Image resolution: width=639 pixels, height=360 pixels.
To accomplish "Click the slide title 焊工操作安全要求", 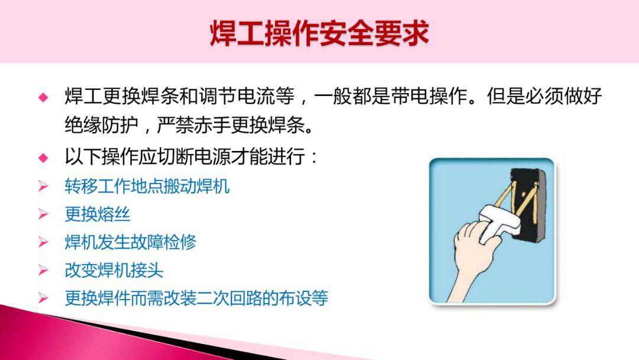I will [319, 33].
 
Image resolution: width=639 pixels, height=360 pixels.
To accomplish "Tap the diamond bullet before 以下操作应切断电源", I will [43, 158].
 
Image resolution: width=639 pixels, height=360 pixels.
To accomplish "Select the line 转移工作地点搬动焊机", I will [147, 187].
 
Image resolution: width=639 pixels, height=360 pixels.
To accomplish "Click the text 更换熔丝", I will [97, 214].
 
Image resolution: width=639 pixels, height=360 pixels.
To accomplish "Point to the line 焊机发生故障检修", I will [130, 242].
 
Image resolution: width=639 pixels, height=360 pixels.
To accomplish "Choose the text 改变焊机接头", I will [114, 271].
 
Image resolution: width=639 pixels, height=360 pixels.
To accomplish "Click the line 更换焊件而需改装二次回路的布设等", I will [196, 298].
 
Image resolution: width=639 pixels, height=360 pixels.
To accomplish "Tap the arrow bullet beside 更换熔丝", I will [43, 214].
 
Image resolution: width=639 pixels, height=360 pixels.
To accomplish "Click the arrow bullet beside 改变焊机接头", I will [43, 271].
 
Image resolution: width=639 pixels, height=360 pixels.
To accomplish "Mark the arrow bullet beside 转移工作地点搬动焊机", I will [43, 187].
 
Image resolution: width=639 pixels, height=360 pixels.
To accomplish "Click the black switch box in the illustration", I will [527, 207].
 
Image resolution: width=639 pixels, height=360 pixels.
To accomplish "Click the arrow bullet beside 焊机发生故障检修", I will [43, 242].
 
